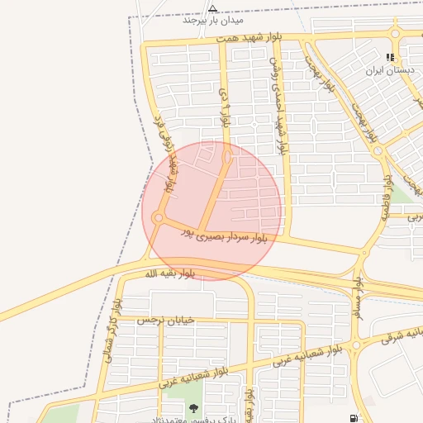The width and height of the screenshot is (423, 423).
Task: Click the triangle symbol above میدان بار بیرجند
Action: pyautogui.click(x=212, y=8)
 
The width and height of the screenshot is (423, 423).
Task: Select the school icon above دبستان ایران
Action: pyautogui.click(x=390, y=58)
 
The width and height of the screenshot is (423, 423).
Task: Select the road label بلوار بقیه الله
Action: pyautogui.click(x=170, y=273)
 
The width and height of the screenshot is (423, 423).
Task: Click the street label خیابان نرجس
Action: pyautogui.click(x=165, y=320)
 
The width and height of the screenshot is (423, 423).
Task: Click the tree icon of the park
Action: pyautogui.click(x=193, y=408)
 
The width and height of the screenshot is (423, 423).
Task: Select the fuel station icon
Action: pyautogui.click(x=354, y=419)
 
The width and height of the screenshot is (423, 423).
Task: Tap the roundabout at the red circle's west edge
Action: pyautogui.click(x=158, y=218)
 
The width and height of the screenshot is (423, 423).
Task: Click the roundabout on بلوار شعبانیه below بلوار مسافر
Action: pyautogui.click(x=356, y=345)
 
